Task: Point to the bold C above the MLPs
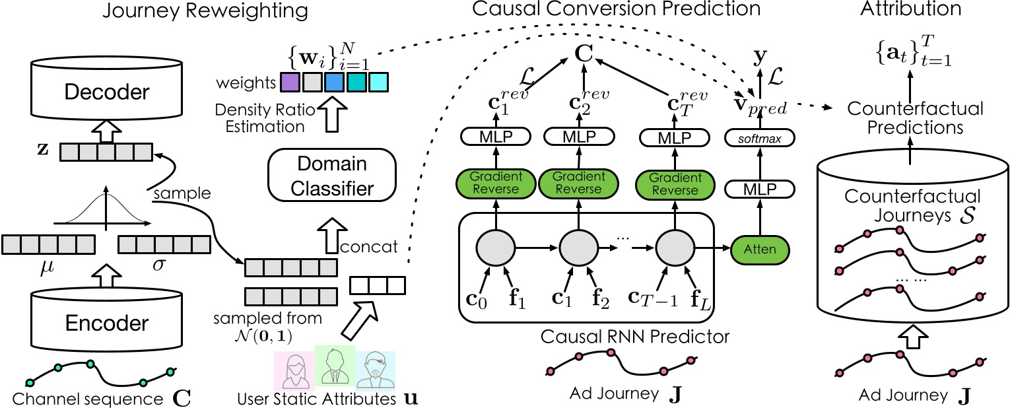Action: point(583,52)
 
